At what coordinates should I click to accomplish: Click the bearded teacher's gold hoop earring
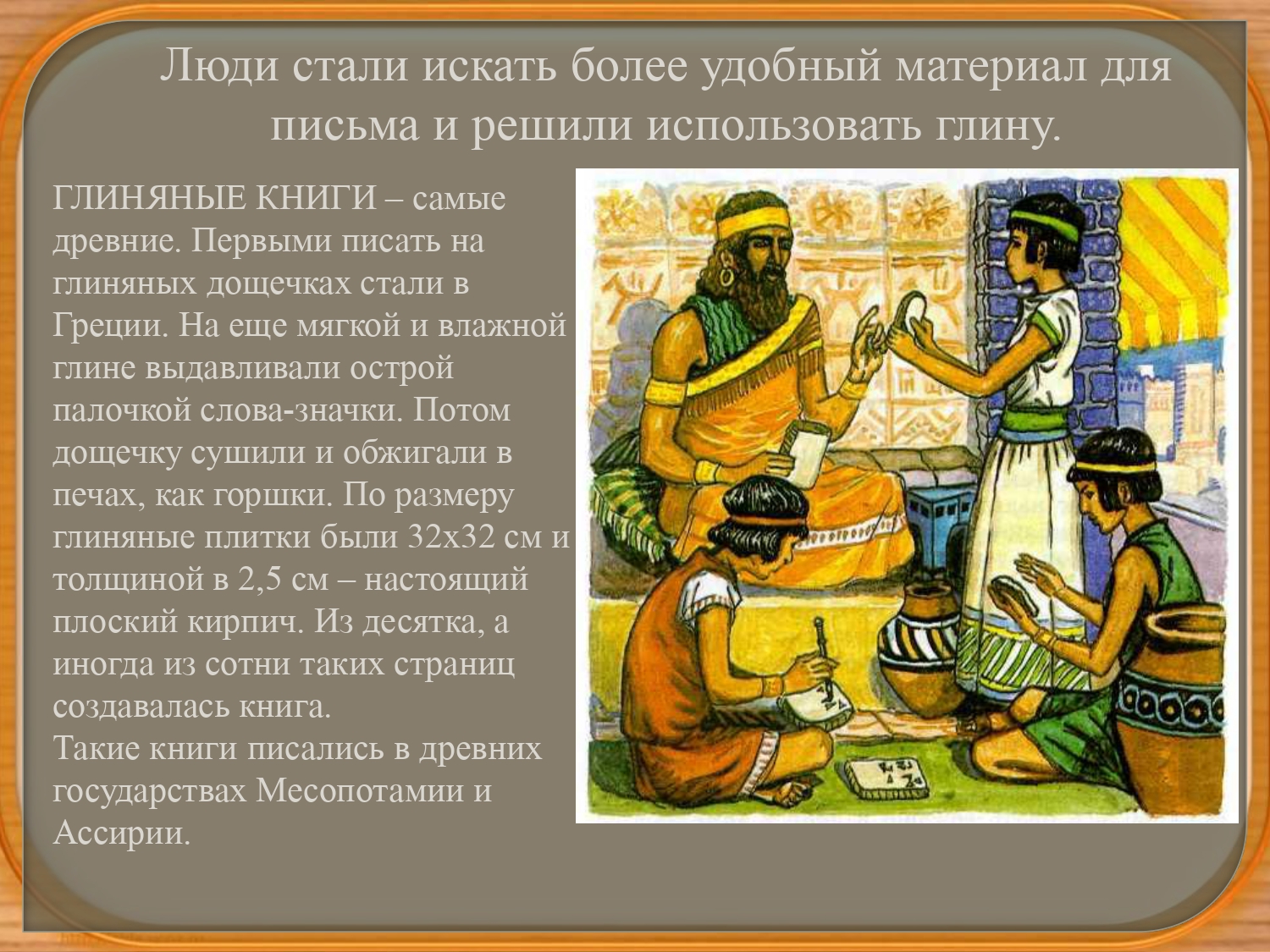[726, 277]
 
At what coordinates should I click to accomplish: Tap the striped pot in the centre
[919, 647]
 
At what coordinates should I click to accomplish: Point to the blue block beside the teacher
[936, 525]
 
